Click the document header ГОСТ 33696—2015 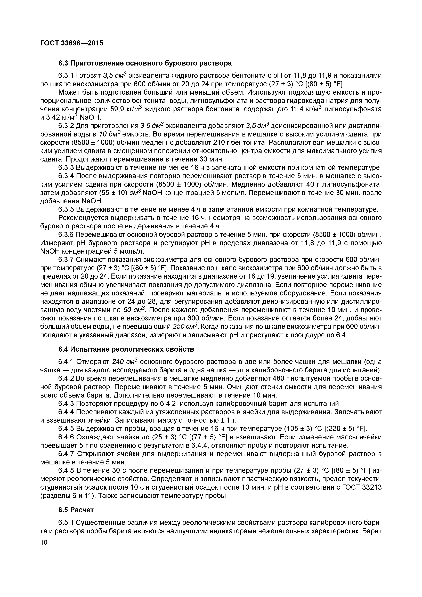[x=72, y=43]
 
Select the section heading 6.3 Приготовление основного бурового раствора [x=145, y=63]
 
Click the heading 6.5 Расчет [x=76, y=510]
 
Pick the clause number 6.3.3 [x=66, y=168]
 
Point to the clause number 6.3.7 [x=66, y=260]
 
